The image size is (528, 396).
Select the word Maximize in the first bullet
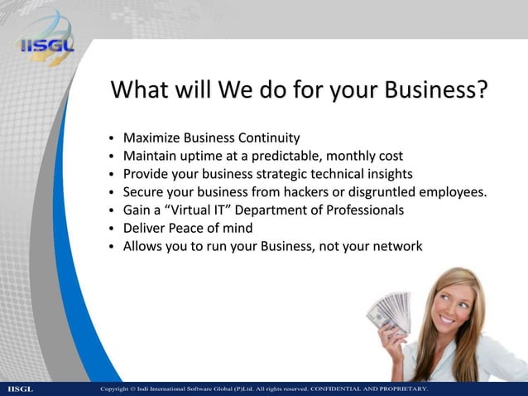(152, 137)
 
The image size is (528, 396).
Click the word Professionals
(361, 210)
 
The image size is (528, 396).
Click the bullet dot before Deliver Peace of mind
(111, 229)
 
